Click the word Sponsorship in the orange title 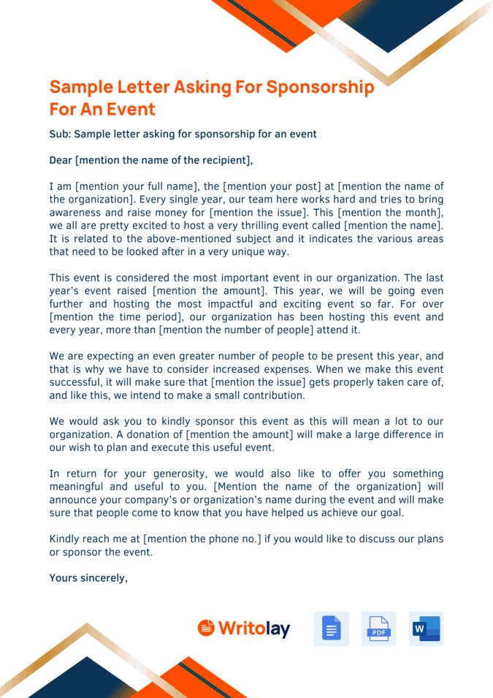coord(320,88)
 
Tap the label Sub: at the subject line coord(60,134)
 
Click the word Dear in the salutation coord(61,161)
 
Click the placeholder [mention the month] coord(386,213)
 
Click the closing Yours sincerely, coord(88,578)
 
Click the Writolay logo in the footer coord(244,629)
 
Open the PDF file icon coord(378,629)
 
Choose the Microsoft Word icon coord(426,629)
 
